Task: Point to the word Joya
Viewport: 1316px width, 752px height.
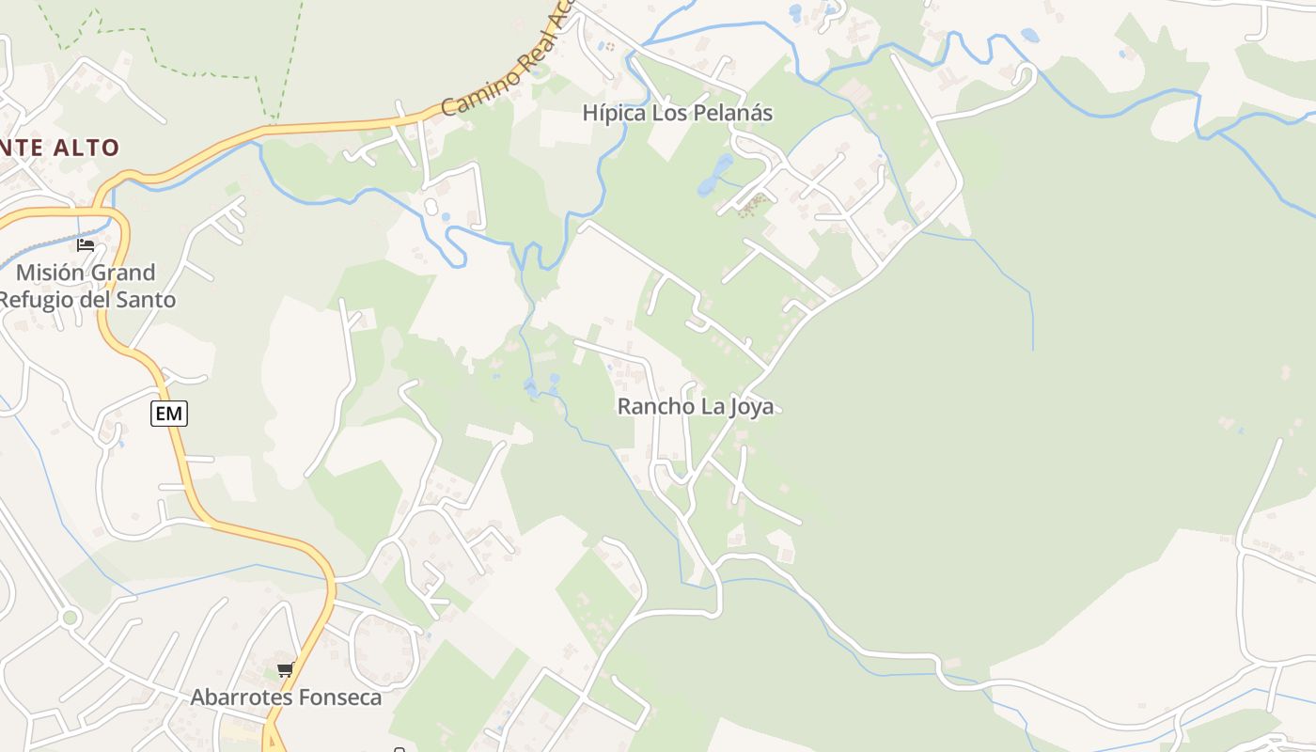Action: [x=751, y=407]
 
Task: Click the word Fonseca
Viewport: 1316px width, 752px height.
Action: [x=342, y=697]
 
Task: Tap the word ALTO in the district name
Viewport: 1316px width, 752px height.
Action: [x=86, y=148]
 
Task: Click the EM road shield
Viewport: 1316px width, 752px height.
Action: [x=169, y=414]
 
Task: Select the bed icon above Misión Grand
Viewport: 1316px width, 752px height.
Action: [x=86, y=245]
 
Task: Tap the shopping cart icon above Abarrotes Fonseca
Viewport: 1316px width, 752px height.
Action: [x=285, y=670]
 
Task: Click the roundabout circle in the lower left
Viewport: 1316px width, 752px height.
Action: [x=69, y=618]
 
